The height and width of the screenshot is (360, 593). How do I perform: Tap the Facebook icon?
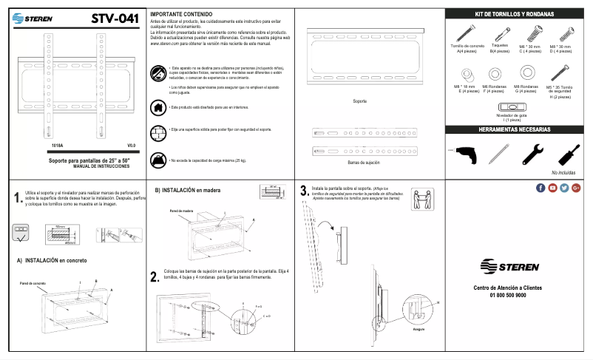(x=541, y=188)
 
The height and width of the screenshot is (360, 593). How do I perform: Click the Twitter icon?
(x=564, y=188)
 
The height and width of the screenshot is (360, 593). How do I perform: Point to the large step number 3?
(x=304, y=191)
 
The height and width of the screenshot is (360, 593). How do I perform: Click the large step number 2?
(x=154, y=277)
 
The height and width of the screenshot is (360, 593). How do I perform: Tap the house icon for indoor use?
(x=157, y=106)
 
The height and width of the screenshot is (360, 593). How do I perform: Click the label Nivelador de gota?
(x=512, y=115)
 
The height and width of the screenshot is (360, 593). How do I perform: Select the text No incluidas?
(x=563, y=172)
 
